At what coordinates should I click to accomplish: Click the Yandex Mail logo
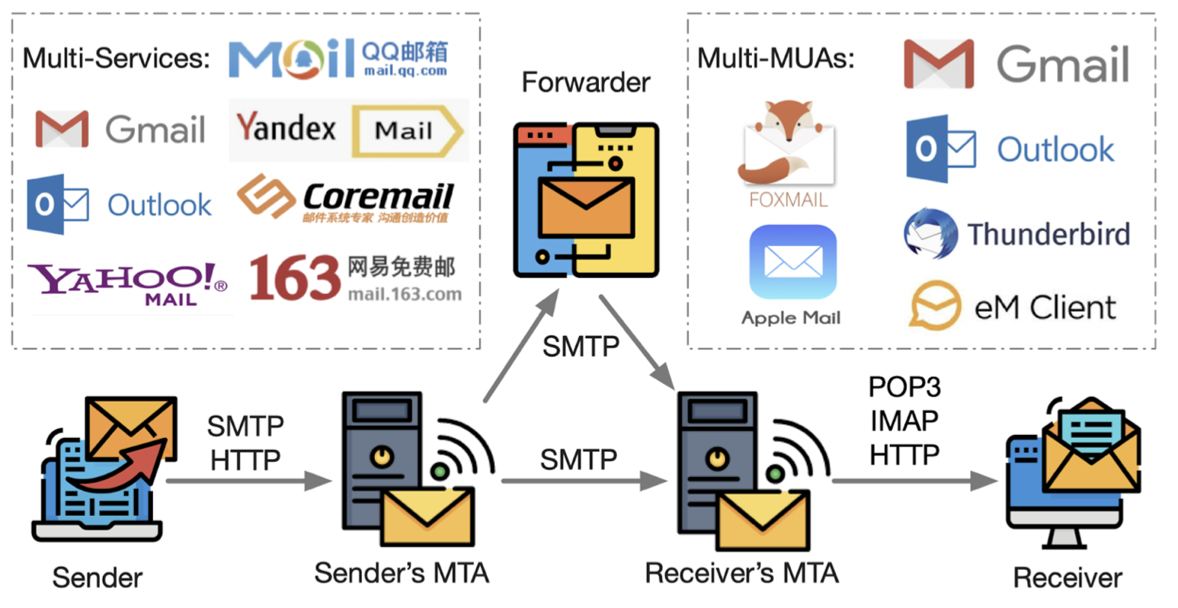(348, 130)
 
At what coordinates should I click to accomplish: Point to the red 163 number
(294, 278)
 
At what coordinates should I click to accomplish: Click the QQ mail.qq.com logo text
(404, 59)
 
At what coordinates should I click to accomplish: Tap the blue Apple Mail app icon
(792, 262)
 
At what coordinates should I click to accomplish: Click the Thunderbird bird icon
(930, 233)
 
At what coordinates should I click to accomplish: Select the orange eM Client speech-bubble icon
(935, 305)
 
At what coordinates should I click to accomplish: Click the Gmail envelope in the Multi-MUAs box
(939, 64)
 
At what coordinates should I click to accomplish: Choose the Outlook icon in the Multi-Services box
(58, 203)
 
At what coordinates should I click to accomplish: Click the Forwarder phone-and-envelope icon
(586, 200)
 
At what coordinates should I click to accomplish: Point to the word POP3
(904, 387)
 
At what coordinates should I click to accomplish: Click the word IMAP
(904, 421)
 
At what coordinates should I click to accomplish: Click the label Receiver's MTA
(741, 573)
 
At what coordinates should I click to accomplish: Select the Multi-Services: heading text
(116, 58)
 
